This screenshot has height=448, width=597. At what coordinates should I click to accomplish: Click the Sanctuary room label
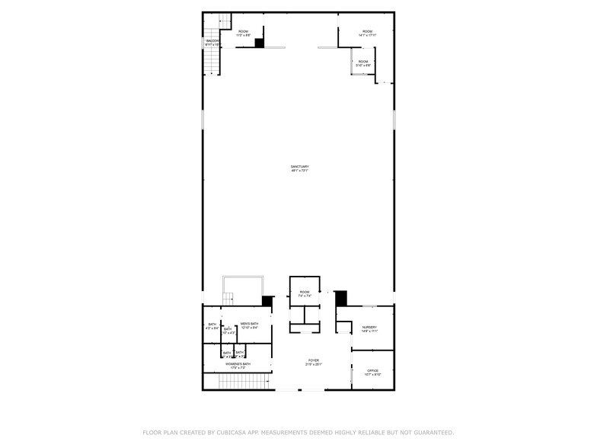(299, 166)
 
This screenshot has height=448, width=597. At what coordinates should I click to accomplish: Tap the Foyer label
(314, 360)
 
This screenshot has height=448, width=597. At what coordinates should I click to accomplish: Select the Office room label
(372, 370)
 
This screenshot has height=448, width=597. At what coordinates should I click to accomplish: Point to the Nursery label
(369, 327)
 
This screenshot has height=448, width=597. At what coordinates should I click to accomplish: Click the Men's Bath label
(250, 324)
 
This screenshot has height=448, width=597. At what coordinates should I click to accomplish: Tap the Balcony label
(212, 41)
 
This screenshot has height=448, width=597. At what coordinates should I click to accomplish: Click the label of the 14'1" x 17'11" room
(368, 31)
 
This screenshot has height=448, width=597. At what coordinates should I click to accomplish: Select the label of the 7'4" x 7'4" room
(305, 292)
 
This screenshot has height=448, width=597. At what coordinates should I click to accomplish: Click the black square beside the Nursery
(341, 298)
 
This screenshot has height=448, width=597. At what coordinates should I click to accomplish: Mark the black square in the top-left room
(259, 43)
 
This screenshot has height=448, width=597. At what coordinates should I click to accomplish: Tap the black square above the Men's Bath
(267, 301)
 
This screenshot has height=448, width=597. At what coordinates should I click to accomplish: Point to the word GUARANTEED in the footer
(428, 432)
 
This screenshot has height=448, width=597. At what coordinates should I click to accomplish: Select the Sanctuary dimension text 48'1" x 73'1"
(299, 171)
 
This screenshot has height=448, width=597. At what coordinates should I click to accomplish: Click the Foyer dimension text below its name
(314, 364)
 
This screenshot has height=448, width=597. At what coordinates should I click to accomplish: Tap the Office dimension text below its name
(372, 374)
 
